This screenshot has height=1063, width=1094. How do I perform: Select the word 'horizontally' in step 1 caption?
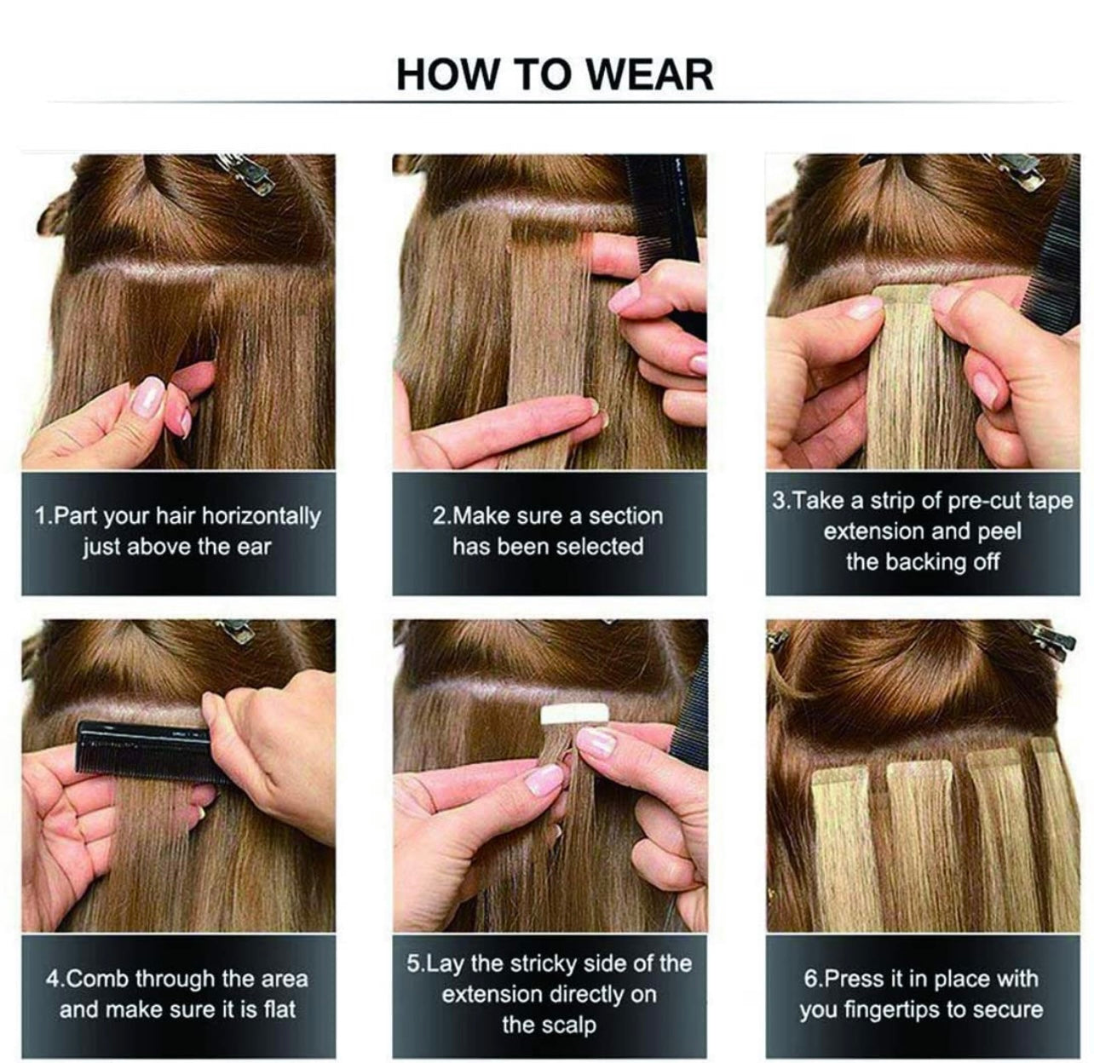pos(261,516)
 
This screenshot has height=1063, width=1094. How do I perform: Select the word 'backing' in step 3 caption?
pos(925,562)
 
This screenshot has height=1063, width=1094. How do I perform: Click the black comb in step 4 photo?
pos(153,748)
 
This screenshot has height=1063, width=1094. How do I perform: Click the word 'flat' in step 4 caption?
pos(279,1009)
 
